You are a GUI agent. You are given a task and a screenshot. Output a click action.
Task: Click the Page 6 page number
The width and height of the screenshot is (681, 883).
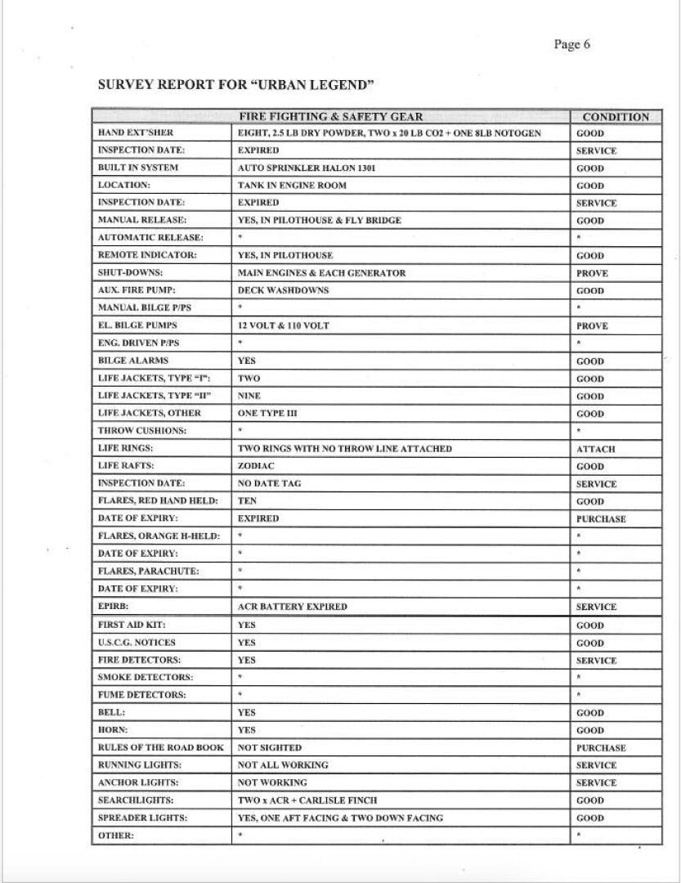click(x=571, y=45)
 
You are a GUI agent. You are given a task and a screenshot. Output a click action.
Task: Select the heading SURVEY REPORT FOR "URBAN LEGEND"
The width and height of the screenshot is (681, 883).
click(x=235, y=84)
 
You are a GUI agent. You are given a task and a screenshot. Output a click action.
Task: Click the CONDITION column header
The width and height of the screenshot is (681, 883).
click(x=615, y=117)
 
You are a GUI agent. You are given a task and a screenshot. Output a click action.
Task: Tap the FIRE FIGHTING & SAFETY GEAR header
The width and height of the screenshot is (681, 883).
click(x=330, y=117)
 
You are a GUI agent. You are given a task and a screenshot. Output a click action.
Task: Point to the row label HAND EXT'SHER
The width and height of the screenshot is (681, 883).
click(x=136, y=133)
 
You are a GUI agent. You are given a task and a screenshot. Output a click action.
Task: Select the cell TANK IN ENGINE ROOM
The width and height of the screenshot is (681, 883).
click(x=292, y=186)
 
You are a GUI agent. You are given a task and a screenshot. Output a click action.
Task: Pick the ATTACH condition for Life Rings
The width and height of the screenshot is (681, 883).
click(x=595, y=449)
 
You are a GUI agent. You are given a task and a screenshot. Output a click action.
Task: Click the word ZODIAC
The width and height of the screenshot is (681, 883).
click(x=256, y=466)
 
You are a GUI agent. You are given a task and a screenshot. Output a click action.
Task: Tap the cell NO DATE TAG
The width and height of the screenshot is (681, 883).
click(x=269, y=483)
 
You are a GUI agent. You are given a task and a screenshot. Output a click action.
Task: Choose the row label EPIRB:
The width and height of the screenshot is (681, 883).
click(x=113, y=607)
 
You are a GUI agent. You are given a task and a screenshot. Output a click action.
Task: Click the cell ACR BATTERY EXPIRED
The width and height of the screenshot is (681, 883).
click(x=292, y=607)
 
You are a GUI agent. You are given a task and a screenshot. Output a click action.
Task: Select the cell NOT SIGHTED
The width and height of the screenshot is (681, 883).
click(x=269, y=747)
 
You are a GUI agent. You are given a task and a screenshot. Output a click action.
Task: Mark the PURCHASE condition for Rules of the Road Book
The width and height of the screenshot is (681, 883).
click(x=601, y=747)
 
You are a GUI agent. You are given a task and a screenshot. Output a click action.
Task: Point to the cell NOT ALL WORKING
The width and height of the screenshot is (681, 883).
click(x=283, y=765)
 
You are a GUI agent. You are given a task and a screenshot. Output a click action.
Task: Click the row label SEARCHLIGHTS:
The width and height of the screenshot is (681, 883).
click(x=136, y=800)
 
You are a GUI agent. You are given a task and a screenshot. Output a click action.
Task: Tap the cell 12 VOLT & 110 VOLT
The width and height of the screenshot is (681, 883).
click(x=283, y=325)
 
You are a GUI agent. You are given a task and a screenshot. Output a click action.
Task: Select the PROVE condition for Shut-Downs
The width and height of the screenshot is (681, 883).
click(x=592, y=273)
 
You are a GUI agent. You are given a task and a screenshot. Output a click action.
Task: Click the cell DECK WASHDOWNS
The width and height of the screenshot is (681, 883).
click(x=283, y=290)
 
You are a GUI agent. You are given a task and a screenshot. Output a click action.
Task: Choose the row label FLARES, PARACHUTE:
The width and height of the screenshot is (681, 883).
click(x=148, y=571)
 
